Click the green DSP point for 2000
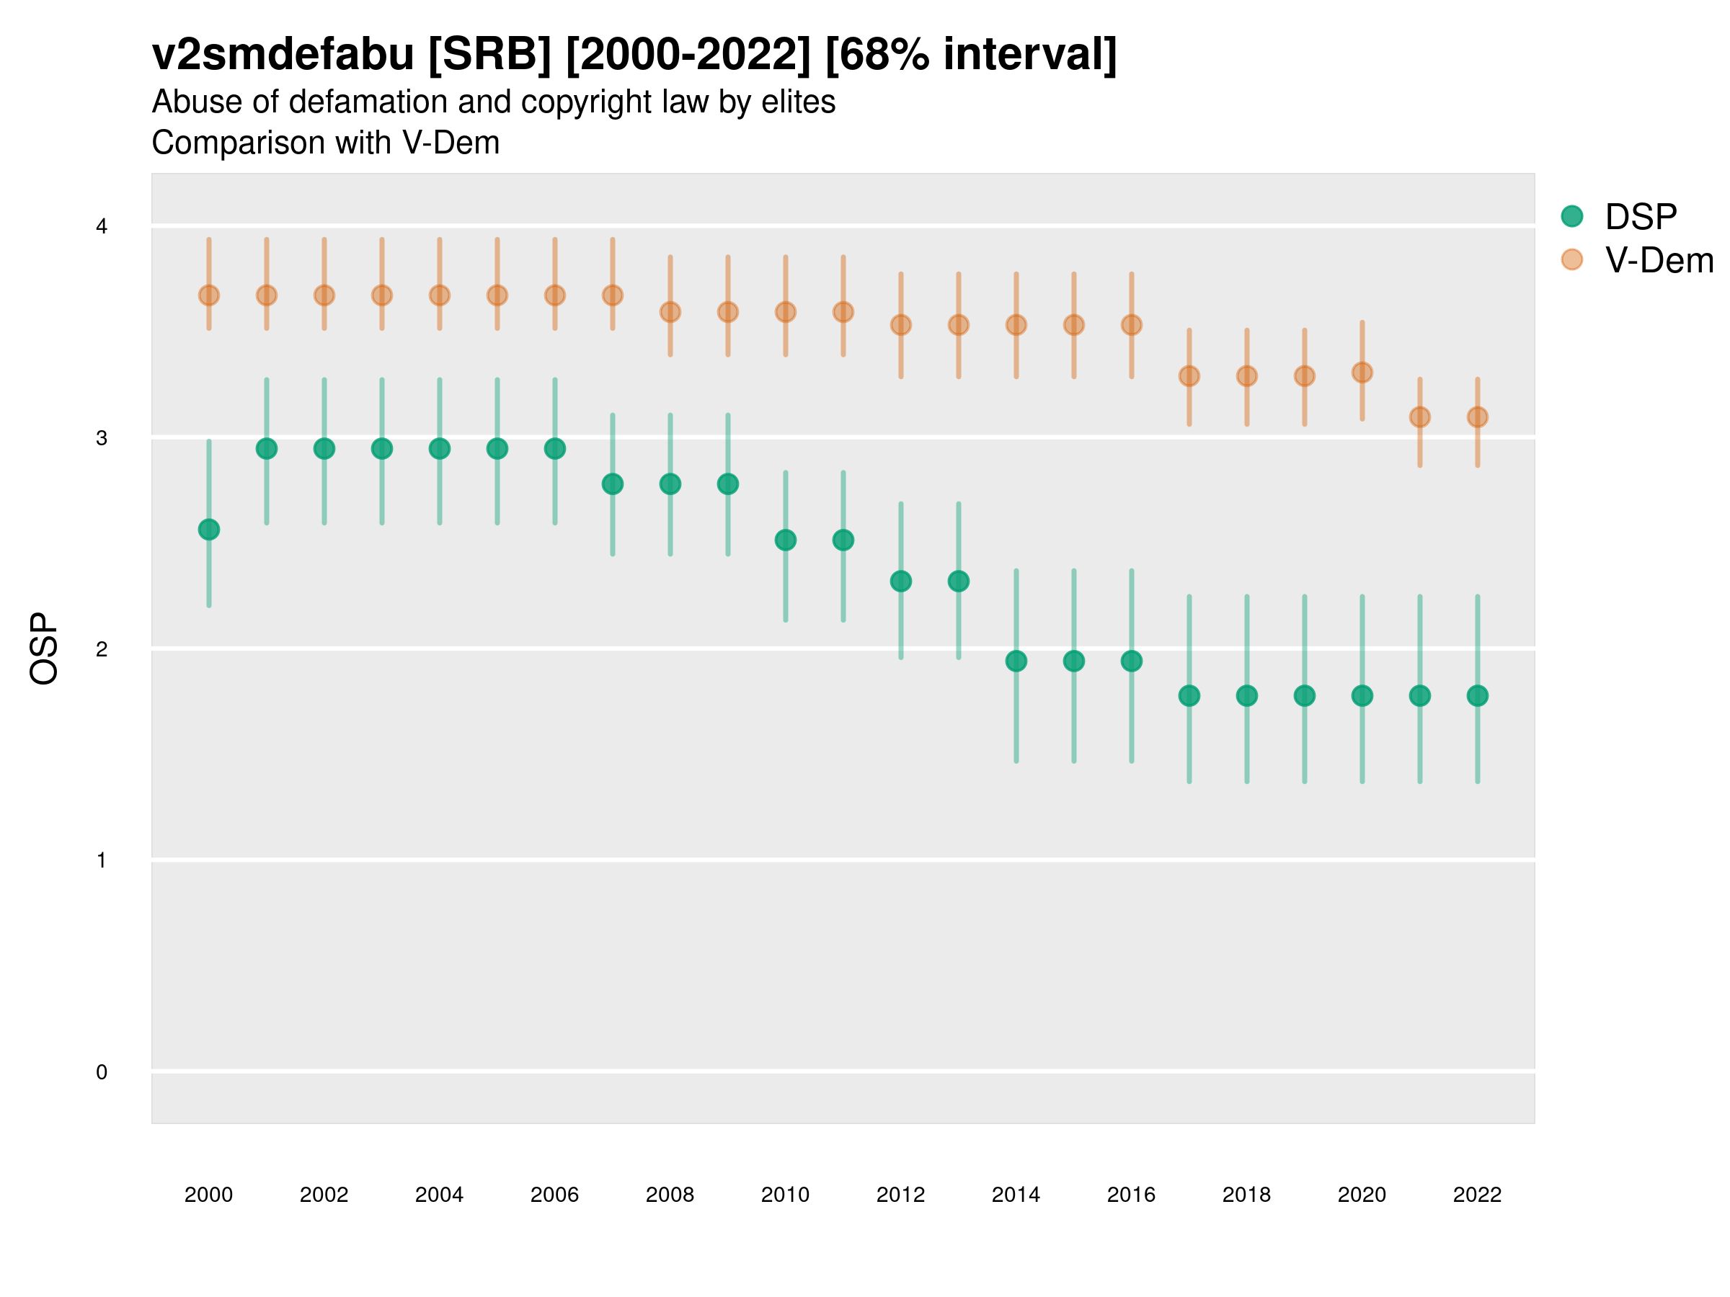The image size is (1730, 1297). pyautogui.click(x=209, y=530)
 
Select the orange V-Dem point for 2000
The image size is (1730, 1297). pyautogui.click(x=209, y=295)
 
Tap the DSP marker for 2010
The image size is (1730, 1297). pyautogui.click(x=785, y=540)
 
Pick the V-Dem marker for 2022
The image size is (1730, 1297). pyautogui.click(x=1478, y=417)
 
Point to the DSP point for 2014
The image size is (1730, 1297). pyautogui.click(x=1016, y=661)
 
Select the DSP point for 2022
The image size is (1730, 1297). pyautogui.click(x=1478, y=696)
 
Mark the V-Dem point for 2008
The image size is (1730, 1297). pyautogui.click(x=670, y=312)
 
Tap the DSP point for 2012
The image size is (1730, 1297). pyautogui.click(x=901, y=581)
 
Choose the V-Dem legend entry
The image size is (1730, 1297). pyautogui.click(x=1658, y=260)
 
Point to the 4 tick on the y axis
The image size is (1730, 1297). pyautogui.click(x=102, y=227)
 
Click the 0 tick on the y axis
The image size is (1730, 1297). pyautogui.click(x=102, y=1072)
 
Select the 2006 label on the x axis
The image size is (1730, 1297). pyautogui.click(x=554, y=1195)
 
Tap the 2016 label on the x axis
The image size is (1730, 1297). pyautogui.click(x=1131, y=1195)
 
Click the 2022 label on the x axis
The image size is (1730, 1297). pyautogui.click(x=1478, y=1195)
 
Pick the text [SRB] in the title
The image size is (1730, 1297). pyautogui.click(x=489, y=55)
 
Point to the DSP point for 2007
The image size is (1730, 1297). pyautogui.click(x=613, y=485)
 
